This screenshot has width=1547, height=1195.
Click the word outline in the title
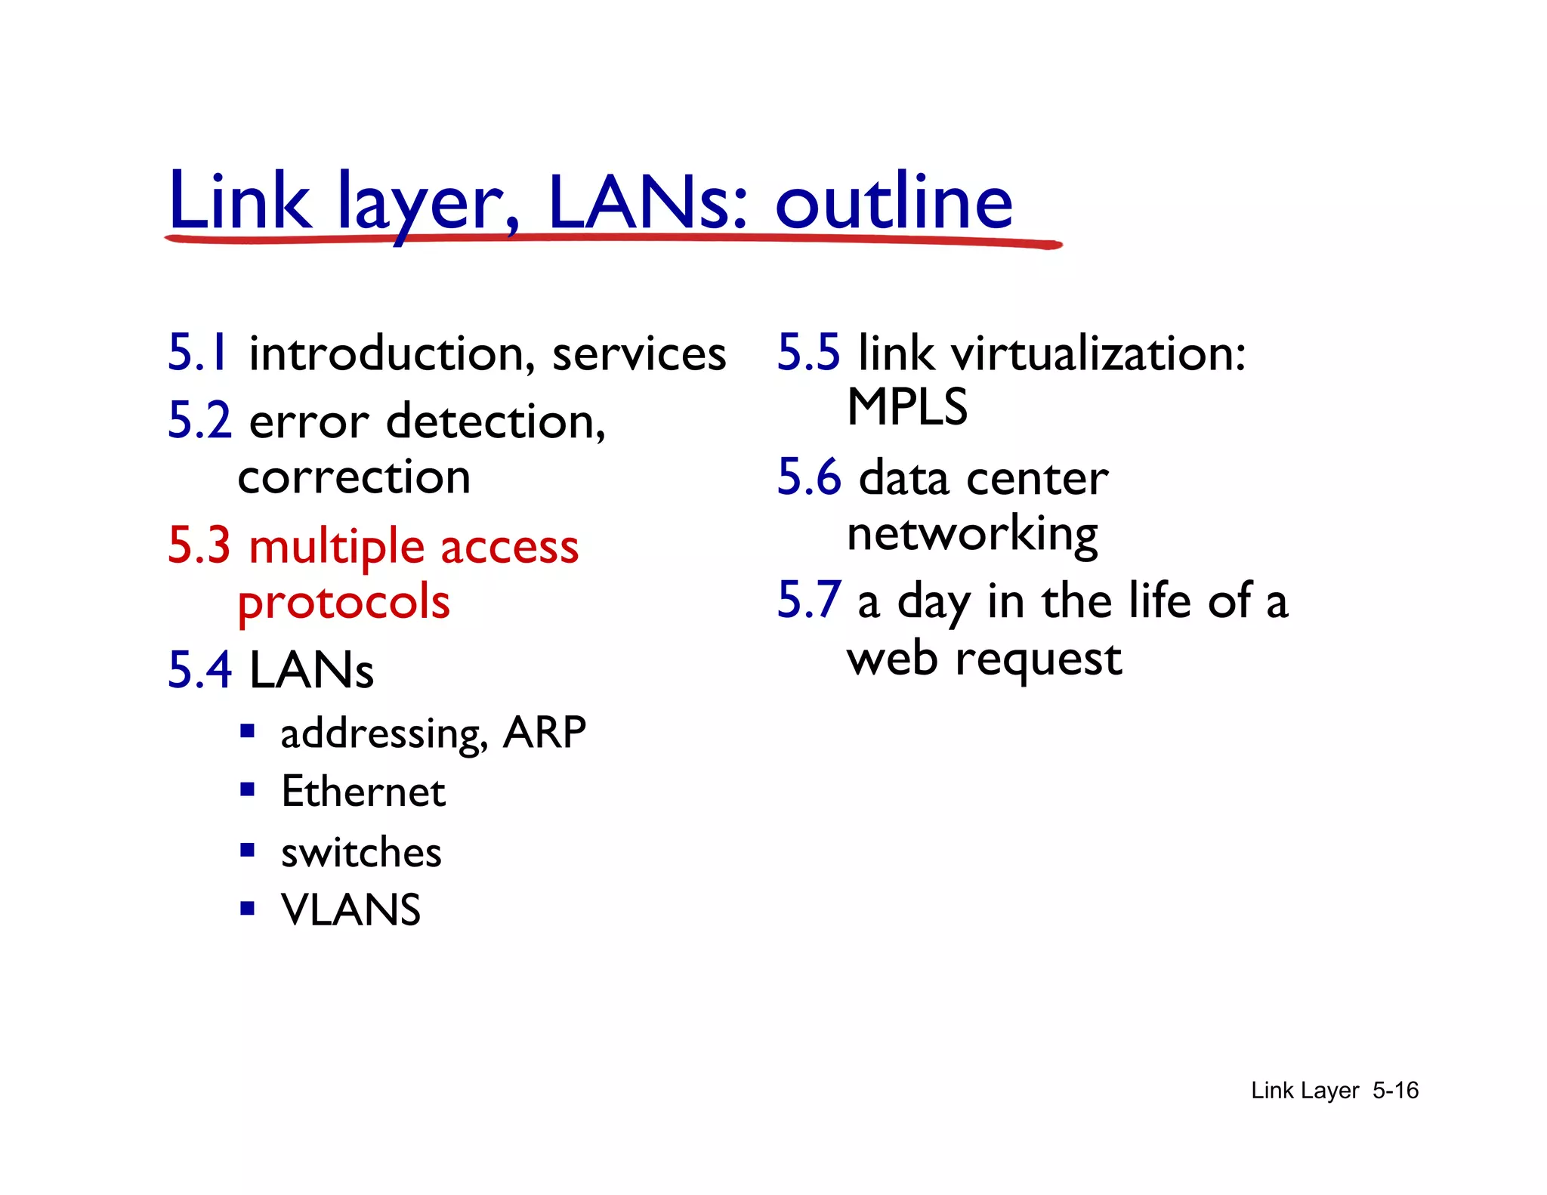(894, 202)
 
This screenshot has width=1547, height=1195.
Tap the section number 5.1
(197, 353)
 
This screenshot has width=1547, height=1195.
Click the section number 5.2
(199, 421)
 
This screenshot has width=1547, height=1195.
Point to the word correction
(354, 477)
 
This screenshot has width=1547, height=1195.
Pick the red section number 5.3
(199, 545)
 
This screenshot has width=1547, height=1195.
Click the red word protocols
(344, 603)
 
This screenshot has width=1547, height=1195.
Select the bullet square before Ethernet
(247, 790)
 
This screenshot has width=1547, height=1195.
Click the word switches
(361, 853)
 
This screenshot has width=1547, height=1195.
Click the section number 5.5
(808, 353)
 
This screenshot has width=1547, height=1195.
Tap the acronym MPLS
(907, 407)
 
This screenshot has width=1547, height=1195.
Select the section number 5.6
(809, 477)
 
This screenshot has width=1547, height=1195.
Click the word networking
(972, 535)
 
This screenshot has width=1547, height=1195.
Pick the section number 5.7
(808, 601)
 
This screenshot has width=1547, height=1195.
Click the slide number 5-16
(1395, 1091)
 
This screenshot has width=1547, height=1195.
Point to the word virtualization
(1098, 354)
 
